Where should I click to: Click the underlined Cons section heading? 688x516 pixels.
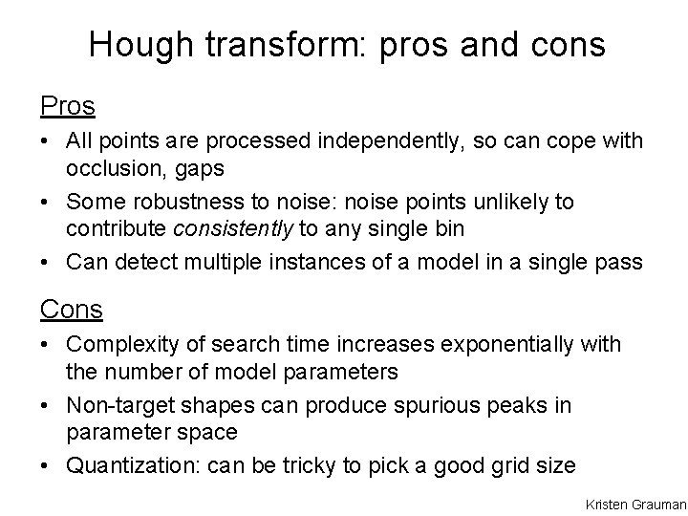(x=72, y=309)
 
